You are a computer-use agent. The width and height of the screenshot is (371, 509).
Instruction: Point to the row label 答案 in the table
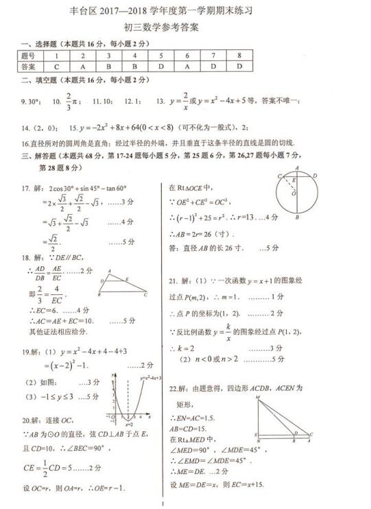(27, 67)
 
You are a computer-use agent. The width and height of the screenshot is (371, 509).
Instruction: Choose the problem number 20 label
(27, 420)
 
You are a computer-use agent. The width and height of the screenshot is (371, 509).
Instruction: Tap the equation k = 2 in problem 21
(184, 348)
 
